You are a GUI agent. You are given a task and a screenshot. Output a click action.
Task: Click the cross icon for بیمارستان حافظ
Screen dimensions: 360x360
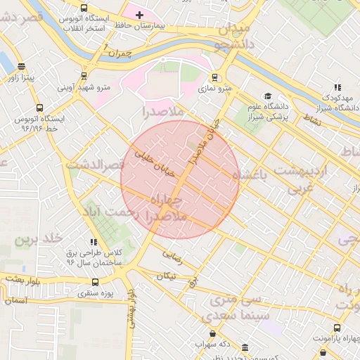coord(139,15)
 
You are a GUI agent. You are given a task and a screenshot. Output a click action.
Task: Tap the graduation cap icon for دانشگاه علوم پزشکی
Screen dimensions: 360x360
coord(267,96)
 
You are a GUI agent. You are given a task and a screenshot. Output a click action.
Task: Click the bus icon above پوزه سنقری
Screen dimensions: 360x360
coord(95,282)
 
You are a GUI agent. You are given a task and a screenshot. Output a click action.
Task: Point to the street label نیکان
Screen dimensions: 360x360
coord(166,276)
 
